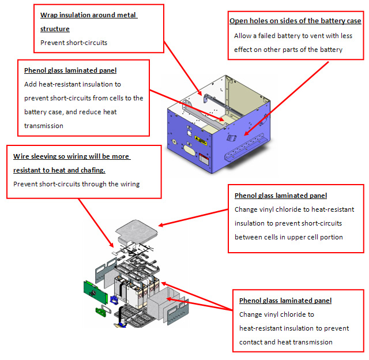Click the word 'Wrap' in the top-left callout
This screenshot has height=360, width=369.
49,15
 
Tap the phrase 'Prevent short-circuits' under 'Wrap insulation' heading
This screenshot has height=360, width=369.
74,42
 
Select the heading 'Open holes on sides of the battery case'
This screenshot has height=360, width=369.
295,21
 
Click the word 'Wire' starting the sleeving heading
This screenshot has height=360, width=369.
20,157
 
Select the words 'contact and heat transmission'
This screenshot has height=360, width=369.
286,342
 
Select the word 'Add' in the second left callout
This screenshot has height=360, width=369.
31,84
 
